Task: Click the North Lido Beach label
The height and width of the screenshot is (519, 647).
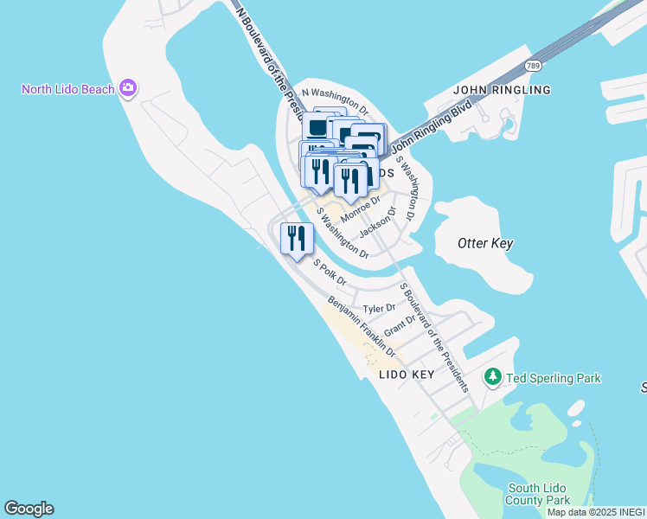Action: [x=69, y=89]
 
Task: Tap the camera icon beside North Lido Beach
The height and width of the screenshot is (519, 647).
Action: [x=129, y=87]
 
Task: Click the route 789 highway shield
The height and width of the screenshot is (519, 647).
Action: [x=534, y=66]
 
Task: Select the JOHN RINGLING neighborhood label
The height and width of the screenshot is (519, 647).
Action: [x=502, y=90]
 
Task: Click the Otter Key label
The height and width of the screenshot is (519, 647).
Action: [x=485, y=243]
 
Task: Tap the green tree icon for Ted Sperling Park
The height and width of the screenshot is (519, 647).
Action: [x=493, y=377]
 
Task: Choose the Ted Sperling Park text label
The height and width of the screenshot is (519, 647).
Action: [x=554, y=378]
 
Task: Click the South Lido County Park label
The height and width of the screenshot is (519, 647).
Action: [x=538, y=494]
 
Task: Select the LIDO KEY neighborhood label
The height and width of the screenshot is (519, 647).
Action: [x=407, y=375]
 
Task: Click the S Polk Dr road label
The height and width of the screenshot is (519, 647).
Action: [x=330, y=273]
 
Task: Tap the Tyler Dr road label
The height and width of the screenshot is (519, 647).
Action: [x=379, y=308]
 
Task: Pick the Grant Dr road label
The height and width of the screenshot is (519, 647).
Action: [x=400, y=326]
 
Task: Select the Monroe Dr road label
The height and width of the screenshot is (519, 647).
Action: [x=361, y=208]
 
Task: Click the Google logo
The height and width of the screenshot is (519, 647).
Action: [x=29, y=509]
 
